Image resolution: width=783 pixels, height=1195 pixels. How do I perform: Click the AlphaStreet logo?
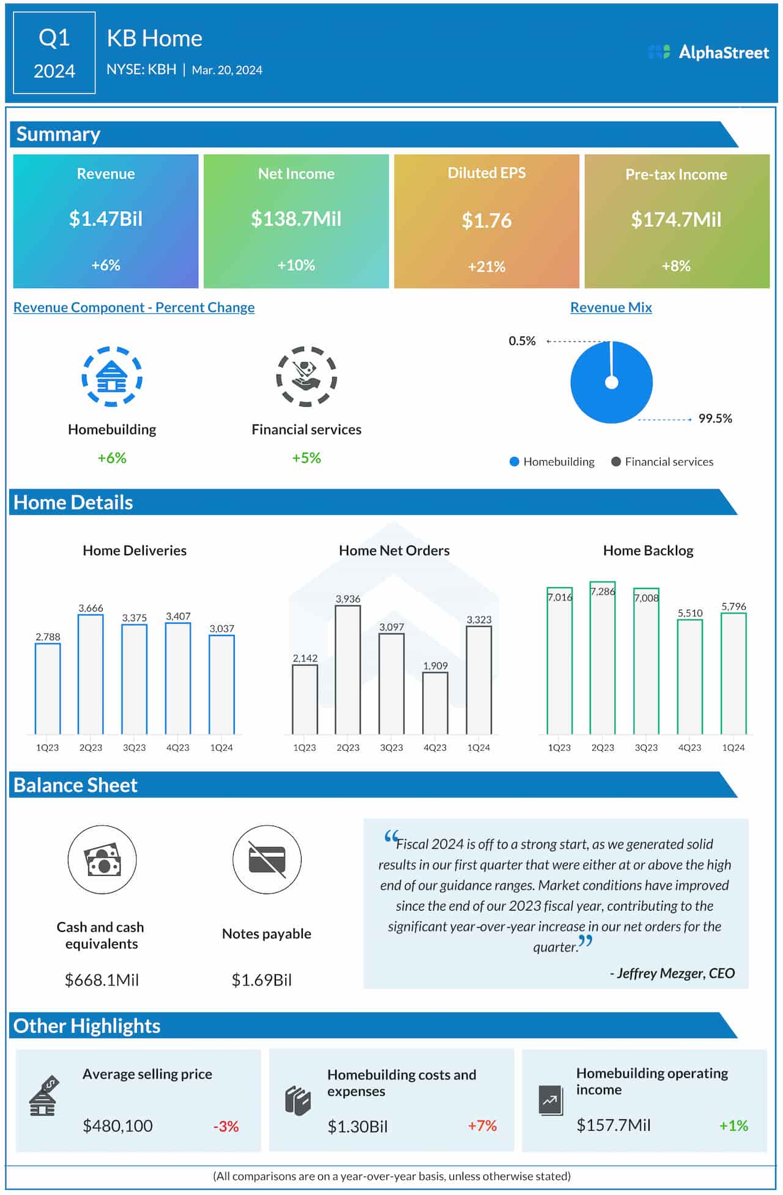tap(708, 53)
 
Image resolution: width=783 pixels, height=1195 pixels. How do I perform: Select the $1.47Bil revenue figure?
tap(106, 219)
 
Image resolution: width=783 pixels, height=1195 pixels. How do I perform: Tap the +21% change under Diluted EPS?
tap(486, 267)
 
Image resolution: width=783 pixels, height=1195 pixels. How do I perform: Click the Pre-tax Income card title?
tap(676, 174)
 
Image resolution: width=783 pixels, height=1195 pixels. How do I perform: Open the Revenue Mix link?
tap(610, 308)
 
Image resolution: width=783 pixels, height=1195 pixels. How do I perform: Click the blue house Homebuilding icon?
tap(112, 377)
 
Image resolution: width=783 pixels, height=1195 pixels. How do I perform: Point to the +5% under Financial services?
tap(306, 458)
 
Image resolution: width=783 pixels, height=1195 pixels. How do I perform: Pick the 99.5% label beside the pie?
tap(715, 419)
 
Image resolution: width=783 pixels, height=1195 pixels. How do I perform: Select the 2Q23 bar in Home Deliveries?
tap(91, 674)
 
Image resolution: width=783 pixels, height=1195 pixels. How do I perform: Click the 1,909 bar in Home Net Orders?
tap(435, 703)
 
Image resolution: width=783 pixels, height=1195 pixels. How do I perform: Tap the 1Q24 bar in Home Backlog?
tap(733, 673)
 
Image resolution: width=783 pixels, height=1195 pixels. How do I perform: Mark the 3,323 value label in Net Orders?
tap(479, 620)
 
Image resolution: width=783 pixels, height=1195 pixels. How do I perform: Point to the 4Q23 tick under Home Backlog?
tap(689, 747)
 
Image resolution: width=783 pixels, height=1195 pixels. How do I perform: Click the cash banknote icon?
tap(102, 859)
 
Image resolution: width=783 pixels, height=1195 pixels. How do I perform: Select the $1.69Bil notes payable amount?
tap(261, 980)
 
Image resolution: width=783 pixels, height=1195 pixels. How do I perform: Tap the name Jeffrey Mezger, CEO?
tap(672, 973)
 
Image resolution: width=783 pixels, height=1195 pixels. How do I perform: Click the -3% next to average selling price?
tap(226, 1126)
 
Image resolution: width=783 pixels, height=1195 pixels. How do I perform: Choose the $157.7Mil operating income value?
tap(614, 1125)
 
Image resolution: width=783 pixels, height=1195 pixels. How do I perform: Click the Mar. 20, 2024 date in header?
tap(227, 70)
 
